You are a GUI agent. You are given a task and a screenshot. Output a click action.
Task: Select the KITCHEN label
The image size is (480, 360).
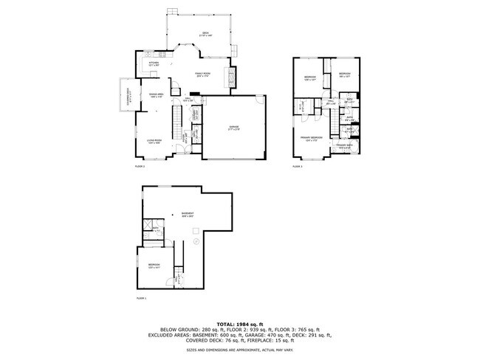154,64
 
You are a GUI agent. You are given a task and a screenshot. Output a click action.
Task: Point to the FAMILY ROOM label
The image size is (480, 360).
203,75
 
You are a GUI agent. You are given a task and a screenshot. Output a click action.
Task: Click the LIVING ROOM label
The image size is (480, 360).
154,142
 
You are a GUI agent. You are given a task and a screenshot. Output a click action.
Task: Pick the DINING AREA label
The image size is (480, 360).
157,95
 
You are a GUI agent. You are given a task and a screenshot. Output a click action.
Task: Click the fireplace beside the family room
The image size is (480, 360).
233,77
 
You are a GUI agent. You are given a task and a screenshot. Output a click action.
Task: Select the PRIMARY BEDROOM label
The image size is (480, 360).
311,139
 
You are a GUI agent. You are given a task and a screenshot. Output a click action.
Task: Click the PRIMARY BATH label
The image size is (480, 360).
345,145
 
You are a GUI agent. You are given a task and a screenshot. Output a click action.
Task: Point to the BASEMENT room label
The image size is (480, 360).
188,215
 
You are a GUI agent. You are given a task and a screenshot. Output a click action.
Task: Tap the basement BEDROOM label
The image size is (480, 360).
154,266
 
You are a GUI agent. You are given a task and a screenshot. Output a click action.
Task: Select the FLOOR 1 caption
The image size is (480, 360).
141,298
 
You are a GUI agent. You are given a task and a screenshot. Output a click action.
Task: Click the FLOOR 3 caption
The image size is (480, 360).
297,167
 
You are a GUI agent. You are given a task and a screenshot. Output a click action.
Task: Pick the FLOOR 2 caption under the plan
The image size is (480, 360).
140,167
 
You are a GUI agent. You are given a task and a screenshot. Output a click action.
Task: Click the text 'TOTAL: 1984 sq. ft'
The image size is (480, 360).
239,323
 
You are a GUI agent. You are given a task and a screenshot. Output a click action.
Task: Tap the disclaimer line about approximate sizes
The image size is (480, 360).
239,350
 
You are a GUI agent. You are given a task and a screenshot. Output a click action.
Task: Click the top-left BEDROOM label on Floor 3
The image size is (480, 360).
309,77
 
